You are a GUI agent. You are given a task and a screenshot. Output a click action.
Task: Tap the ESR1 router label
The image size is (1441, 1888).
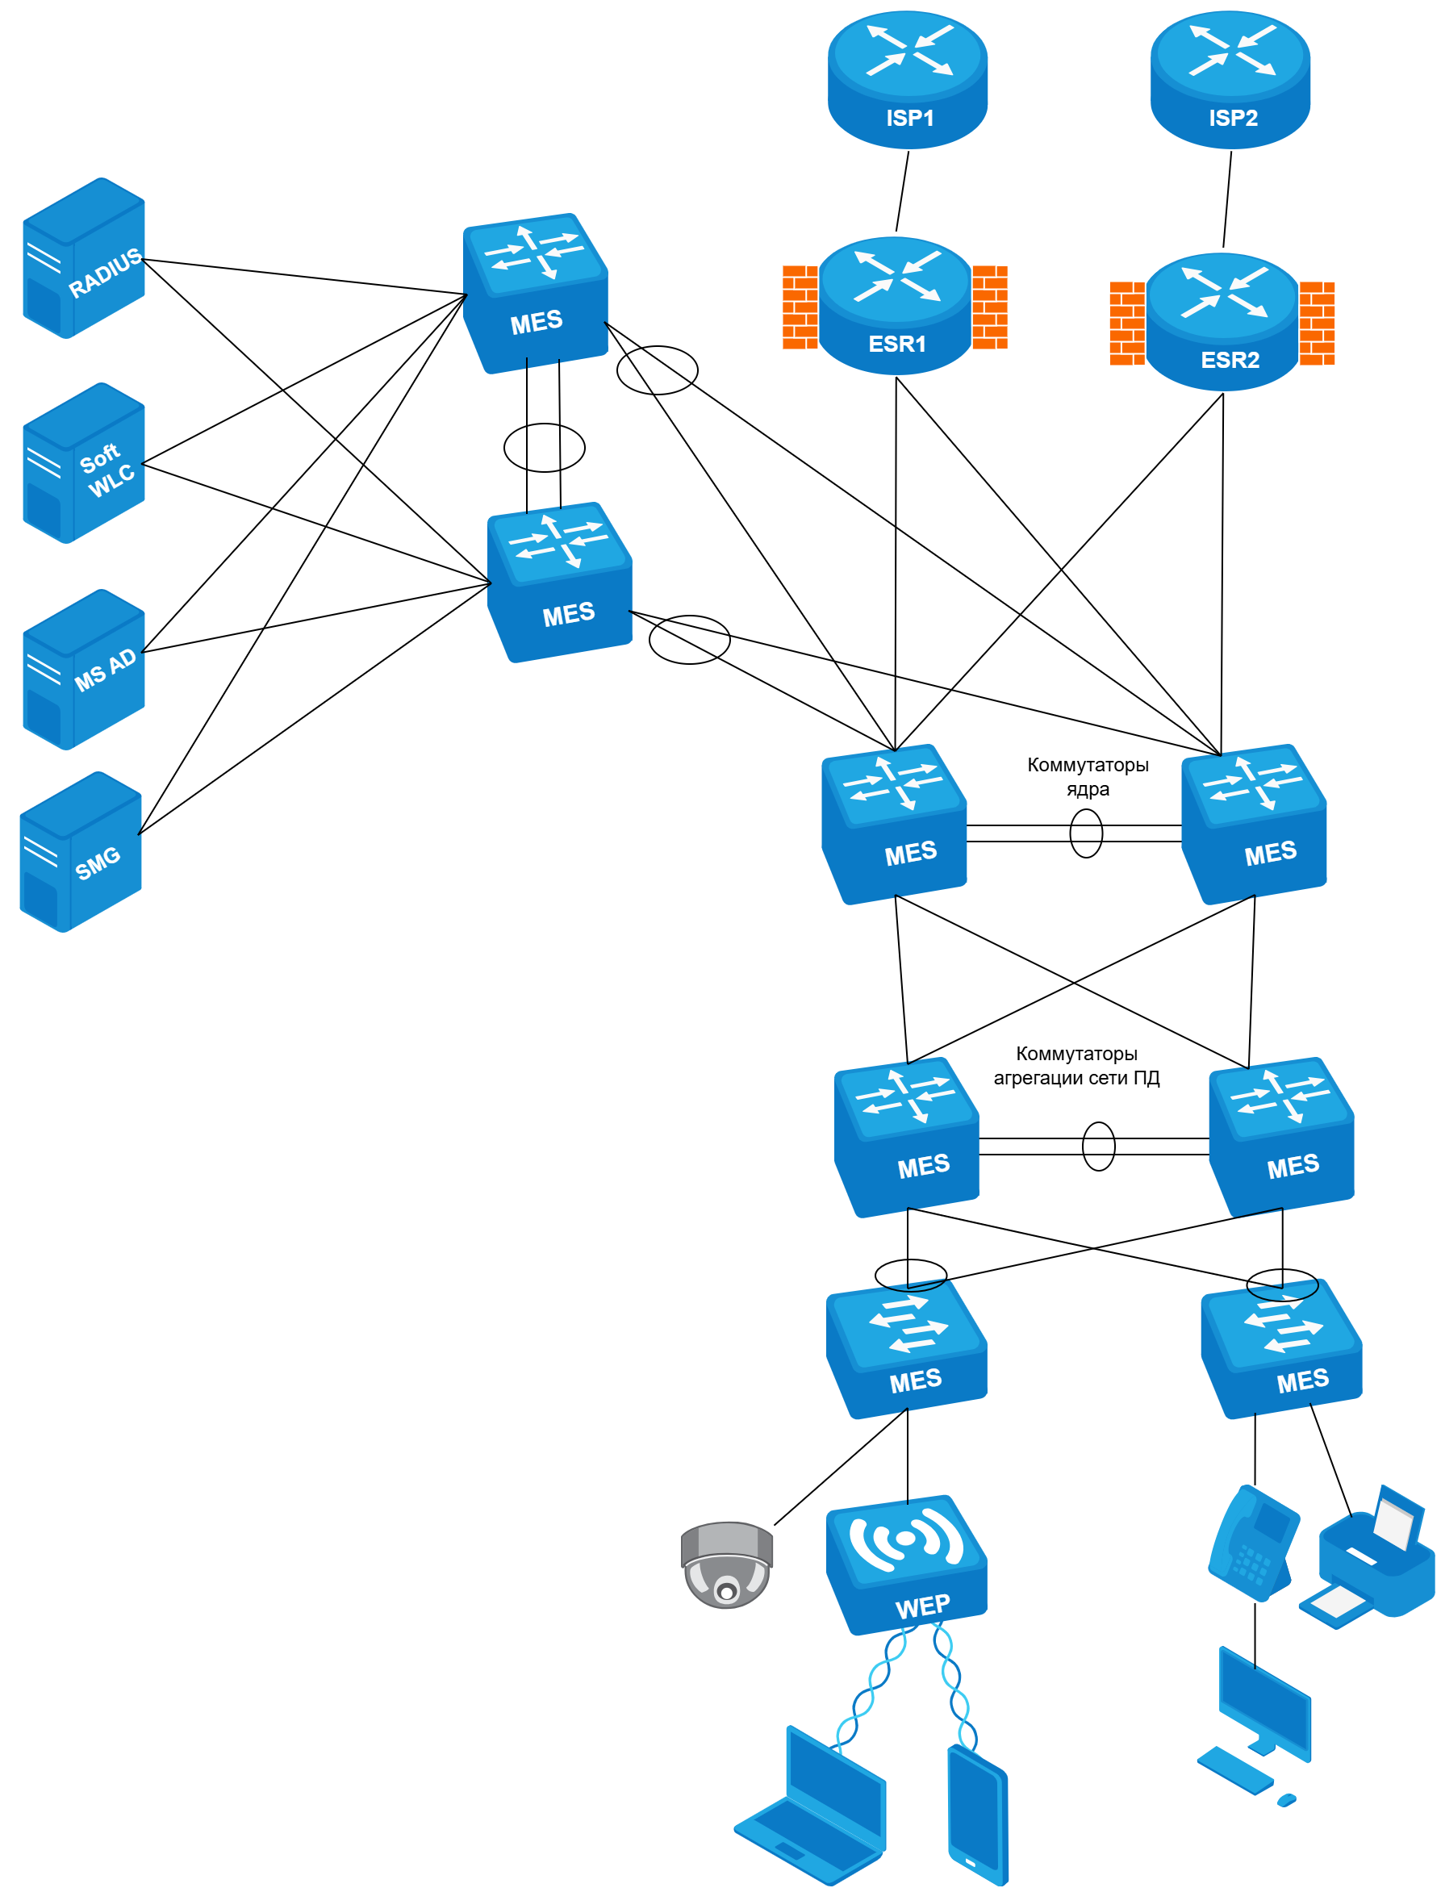click(x=896, y=344)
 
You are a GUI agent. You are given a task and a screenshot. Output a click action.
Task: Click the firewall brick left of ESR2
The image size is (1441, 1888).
click(x=1126, y=324)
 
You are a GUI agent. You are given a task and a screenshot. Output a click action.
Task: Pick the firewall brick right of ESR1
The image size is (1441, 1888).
click(x=989, y=307)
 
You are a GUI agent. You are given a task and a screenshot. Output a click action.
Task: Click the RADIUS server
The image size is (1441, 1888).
click(x=83, y=257)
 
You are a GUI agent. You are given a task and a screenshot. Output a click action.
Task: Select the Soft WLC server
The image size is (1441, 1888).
click(x=83, y=462)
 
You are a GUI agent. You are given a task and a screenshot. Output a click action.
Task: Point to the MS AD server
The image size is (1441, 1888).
click(x=83, y=669)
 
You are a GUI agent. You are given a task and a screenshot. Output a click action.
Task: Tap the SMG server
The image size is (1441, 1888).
click(x=81, y=851)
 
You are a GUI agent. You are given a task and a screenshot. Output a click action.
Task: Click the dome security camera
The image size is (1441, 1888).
click(x=726, y=1564)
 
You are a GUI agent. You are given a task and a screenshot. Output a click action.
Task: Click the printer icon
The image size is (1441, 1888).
click(x=1370, y=1558)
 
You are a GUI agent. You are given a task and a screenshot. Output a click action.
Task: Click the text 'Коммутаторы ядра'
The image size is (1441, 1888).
click(x=1087, y=776)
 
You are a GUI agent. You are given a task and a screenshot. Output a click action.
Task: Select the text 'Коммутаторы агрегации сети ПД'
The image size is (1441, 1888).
click(x=1076, y=1065)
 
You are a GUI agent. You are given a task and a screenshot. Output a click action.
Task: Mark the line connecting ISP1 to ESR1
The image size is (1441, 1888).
click(x=902, y=190)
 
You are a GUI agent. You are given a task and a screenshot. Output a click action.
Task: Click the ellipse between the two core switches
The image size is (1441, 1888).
click(x=1086, y=833)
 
